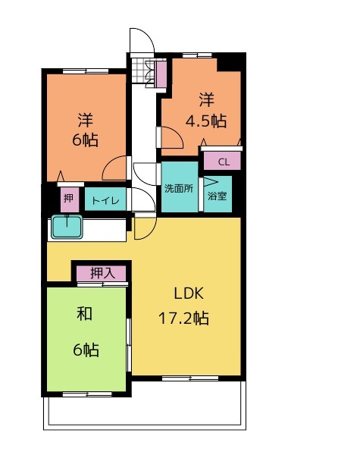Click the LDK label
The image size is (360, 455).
point(189,293)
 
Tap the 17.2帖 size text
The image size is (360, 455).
point(183,318)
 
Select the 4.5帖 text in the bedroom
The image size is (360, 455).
point(205,121)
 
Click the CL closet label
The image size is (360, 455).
point(224,162)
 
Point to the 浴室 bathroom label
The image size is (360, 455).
point(218,196)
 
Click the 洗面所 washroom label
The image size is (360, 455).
point(179,189)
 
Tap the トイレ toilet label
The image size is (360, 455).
point(105,200)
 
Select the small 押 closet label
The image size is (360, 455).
point(68,199)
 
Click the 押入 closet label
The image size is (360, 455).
point(102,273)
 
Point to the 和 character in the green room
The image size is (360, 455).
point(84,314)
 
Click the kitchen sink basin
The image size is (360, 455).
point(67,227)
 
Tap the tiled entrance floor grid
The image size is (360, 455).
point(138,71)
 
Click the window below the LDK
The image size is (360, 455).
point(190,378)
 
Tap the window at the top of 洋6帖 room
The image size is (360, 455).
point(86,71)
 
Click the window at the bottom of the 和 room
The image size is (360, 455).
point(87,394)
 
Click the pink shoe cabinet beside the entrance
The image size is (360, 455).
point(161,74)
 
